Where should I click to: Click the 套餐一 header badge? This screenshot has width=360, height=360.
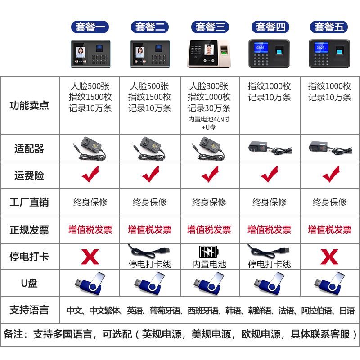click(90, 27)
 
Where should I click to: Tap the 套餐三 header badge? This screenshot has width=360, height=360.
click(210, 27)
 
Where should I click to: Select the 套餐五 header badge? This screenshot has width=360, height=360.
click(329, 27)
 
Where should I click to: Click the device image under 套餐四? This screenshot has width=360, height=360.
click(269, 53)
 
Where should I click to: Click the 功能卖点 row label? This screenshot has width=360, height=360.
click(29, 106)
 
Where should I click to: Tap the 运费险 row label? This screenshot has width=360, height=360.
click(29, 175)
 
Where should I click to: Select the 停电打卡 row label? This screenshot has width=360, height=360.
click(29, 256)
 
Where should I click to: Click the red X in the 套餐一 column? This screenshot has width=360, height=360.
click(90, 257)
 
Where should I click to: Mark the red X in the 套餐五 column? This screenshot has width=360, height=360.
click(330, 257)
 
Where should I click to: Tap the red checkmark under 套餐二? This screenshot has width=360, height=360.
click(150, 174)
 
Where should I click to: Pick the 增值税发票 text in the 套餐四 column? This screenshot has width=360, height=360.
click(269, 230)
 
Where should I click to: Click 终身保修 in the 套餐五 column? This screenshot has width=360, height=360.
click(330, 202)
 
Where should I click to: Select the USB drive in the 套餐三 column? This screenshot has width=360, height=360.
click(210, 283)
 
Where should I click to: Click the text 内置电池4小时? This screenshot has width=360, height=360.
click(209, 120)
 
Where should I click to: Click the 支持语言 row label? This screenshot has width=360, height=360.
click(29, 310)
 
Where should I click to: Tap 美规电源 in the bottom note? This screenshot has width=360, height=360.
click(211, 334)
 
